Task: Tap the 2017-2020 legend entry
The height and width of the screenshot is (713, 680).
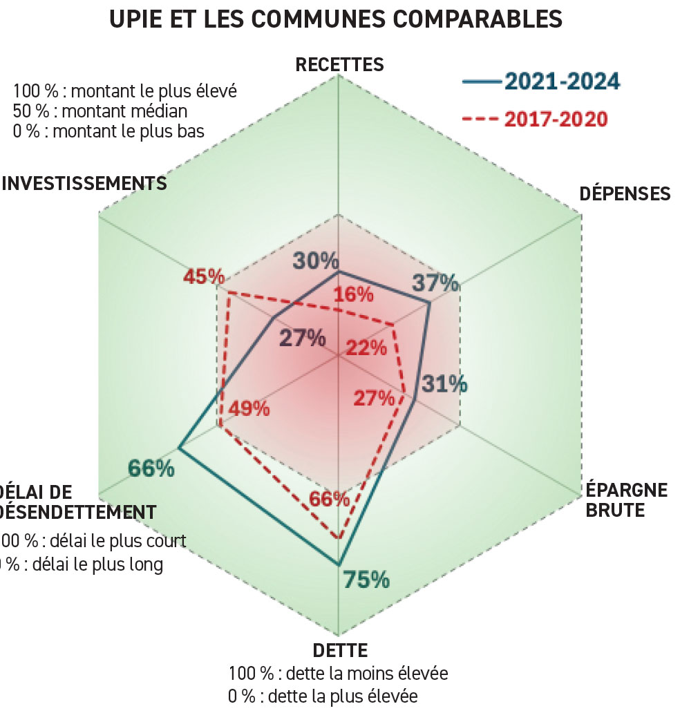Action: point(536,119)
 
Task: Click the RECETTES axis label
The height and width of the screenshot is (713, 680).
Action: point(339,65)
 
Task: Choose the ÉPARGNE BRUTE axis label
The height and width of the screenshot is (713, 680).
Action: point(627,500)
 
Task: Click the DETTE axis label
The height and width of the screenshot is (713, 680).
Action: point(340,650)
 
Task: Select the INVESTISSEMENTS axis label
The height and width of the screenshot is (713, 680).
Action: point(84,183)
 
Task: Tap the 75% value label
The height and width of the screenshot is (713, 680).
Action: point(366,580)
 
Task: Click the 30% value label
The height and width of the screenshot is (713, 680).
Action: point(316,260)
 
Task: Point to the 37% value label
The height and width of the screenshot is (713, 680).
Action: point(435,282)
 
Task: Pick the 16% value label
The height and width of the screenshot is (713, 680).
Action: point(353,294)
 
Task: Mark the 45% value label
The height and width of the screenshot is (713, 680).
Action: point(204,277)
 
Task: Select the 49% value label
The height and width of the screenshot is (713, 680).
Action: point(249,408)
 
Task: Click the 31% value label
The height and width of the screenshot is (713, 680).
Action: point(444,383)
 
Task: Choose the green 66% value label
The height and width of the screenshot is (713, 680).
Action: point(151,468)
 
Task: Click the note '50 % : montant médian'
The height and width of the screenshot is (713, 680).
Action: point(100,111)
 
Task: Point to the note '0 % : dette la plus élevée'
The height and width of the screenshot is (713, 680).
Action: point(322,695)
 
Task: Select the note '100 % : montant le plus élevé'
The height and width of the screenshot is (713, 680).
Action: point(125,91)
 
